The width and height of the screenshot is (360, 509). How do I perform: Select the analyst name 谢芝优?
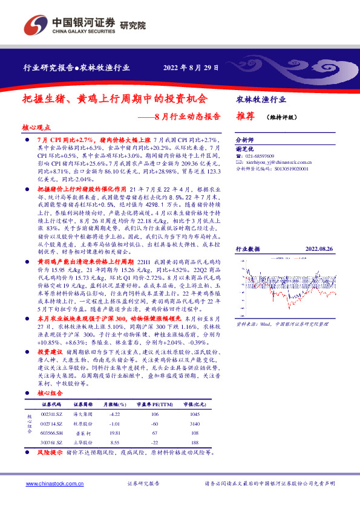[x=244, y=148]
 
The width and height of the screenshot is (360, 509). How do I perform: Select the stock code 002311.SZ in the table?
[x=51, y=413]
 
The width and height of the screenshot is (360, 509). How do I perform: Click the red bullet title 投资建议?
[x=51, y=351]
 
